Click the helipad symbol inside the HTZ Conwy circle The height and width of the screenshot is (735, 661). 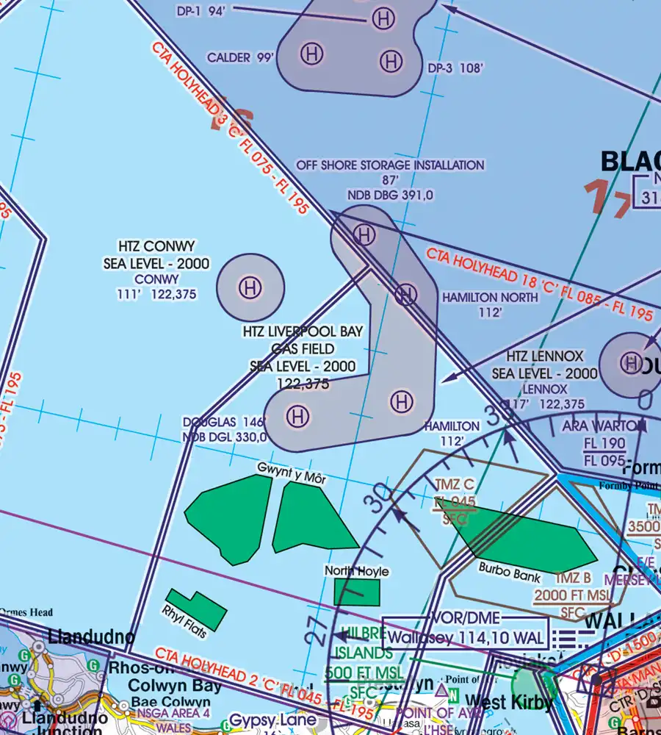(250, 287)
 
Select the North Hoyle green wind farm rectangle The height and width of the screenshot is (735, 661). (357, 592)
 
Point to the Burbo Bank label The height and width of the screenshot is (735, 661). (510, 572)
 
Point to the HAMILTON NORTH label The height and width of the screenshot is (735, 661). (480, 298)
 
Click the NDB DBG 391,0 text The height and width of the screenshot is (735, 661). (390, 195)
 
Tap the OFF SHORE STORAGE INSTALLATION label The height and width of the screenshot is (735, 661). (390, 165)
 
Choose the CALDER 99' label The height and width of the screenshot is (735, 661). (239, 57)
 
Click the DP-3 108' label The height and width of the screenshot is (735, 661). (455, 68)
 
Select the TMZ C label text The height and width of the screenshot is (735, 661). (455, 485)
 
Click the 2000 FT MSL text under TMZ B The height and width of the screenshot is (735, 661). (572, 595)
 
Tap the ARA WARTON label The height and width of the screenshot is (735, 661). (604, 426)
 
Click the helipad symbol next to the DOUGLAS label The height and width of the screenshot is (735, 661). (297, 417)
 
